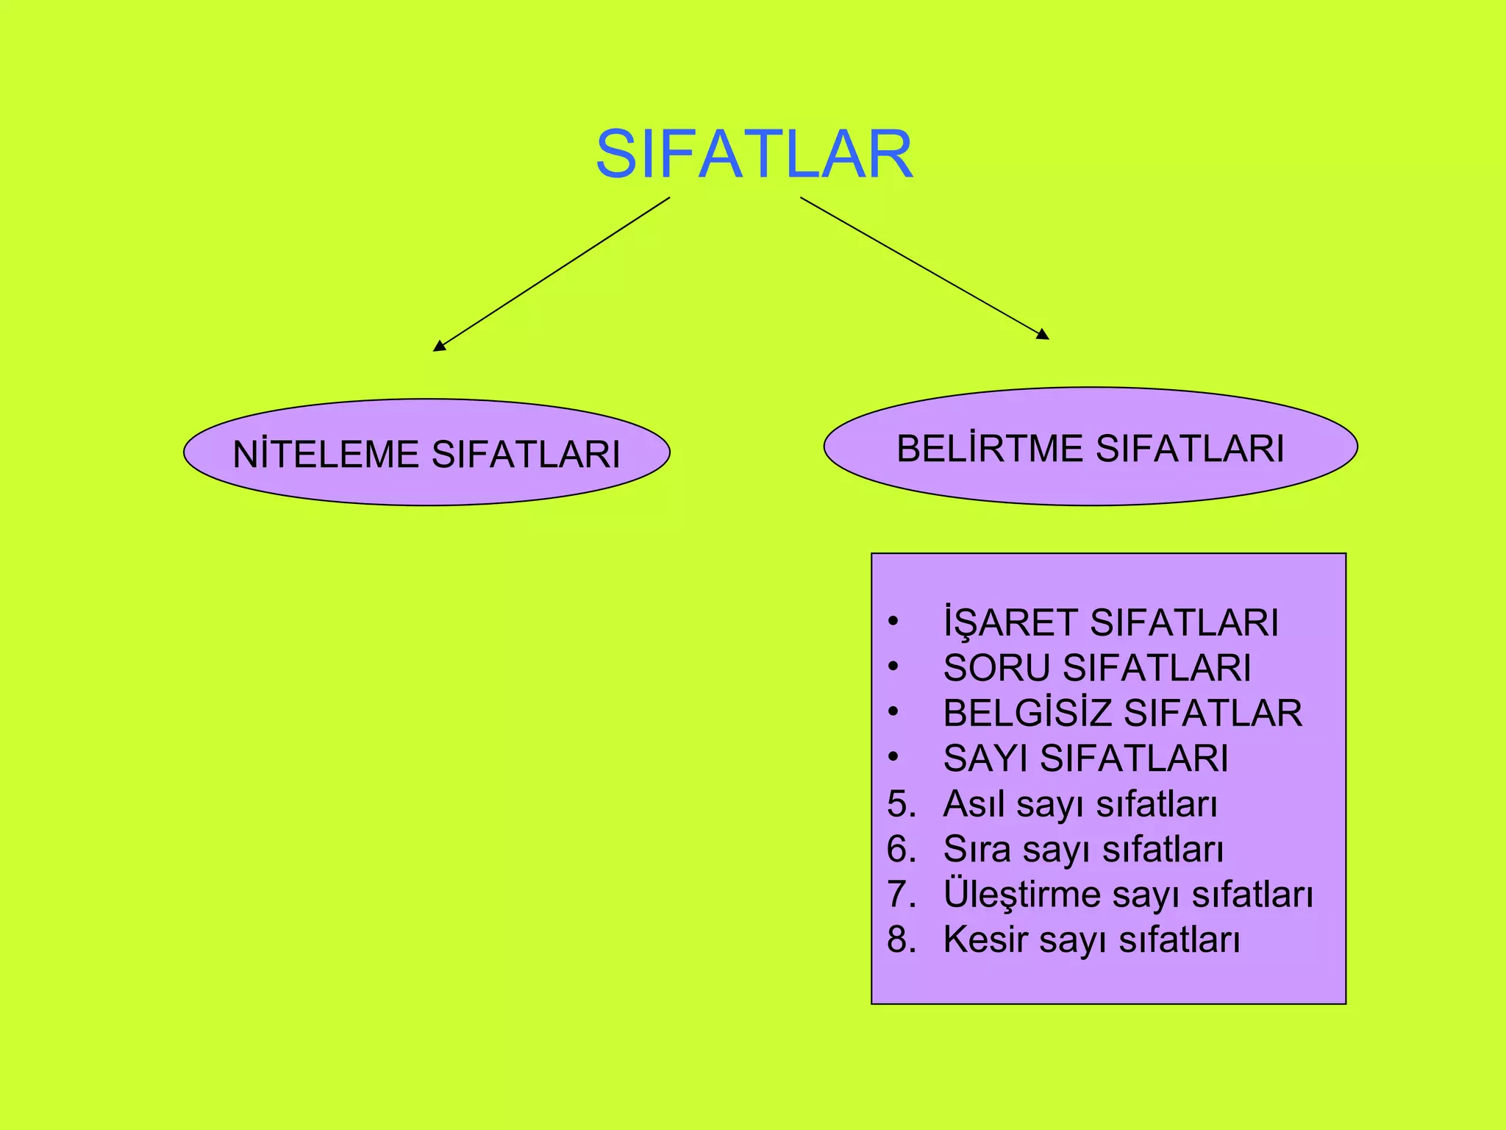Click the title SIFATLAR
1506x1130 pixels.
tap(754, 154)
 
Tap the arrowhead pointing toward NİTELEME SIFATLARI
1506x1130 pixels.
tap(439, 346)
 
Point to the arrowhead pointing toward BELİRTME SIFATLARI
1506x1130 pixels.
tap(1043, 335)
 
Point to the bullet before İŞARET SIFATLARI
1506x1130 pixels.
tap(893, 622)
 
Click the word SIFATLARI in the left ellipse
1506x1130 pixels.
tap(526, 454)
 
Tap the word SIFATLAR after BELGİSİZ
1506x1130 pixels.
tap(1213, 713)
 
